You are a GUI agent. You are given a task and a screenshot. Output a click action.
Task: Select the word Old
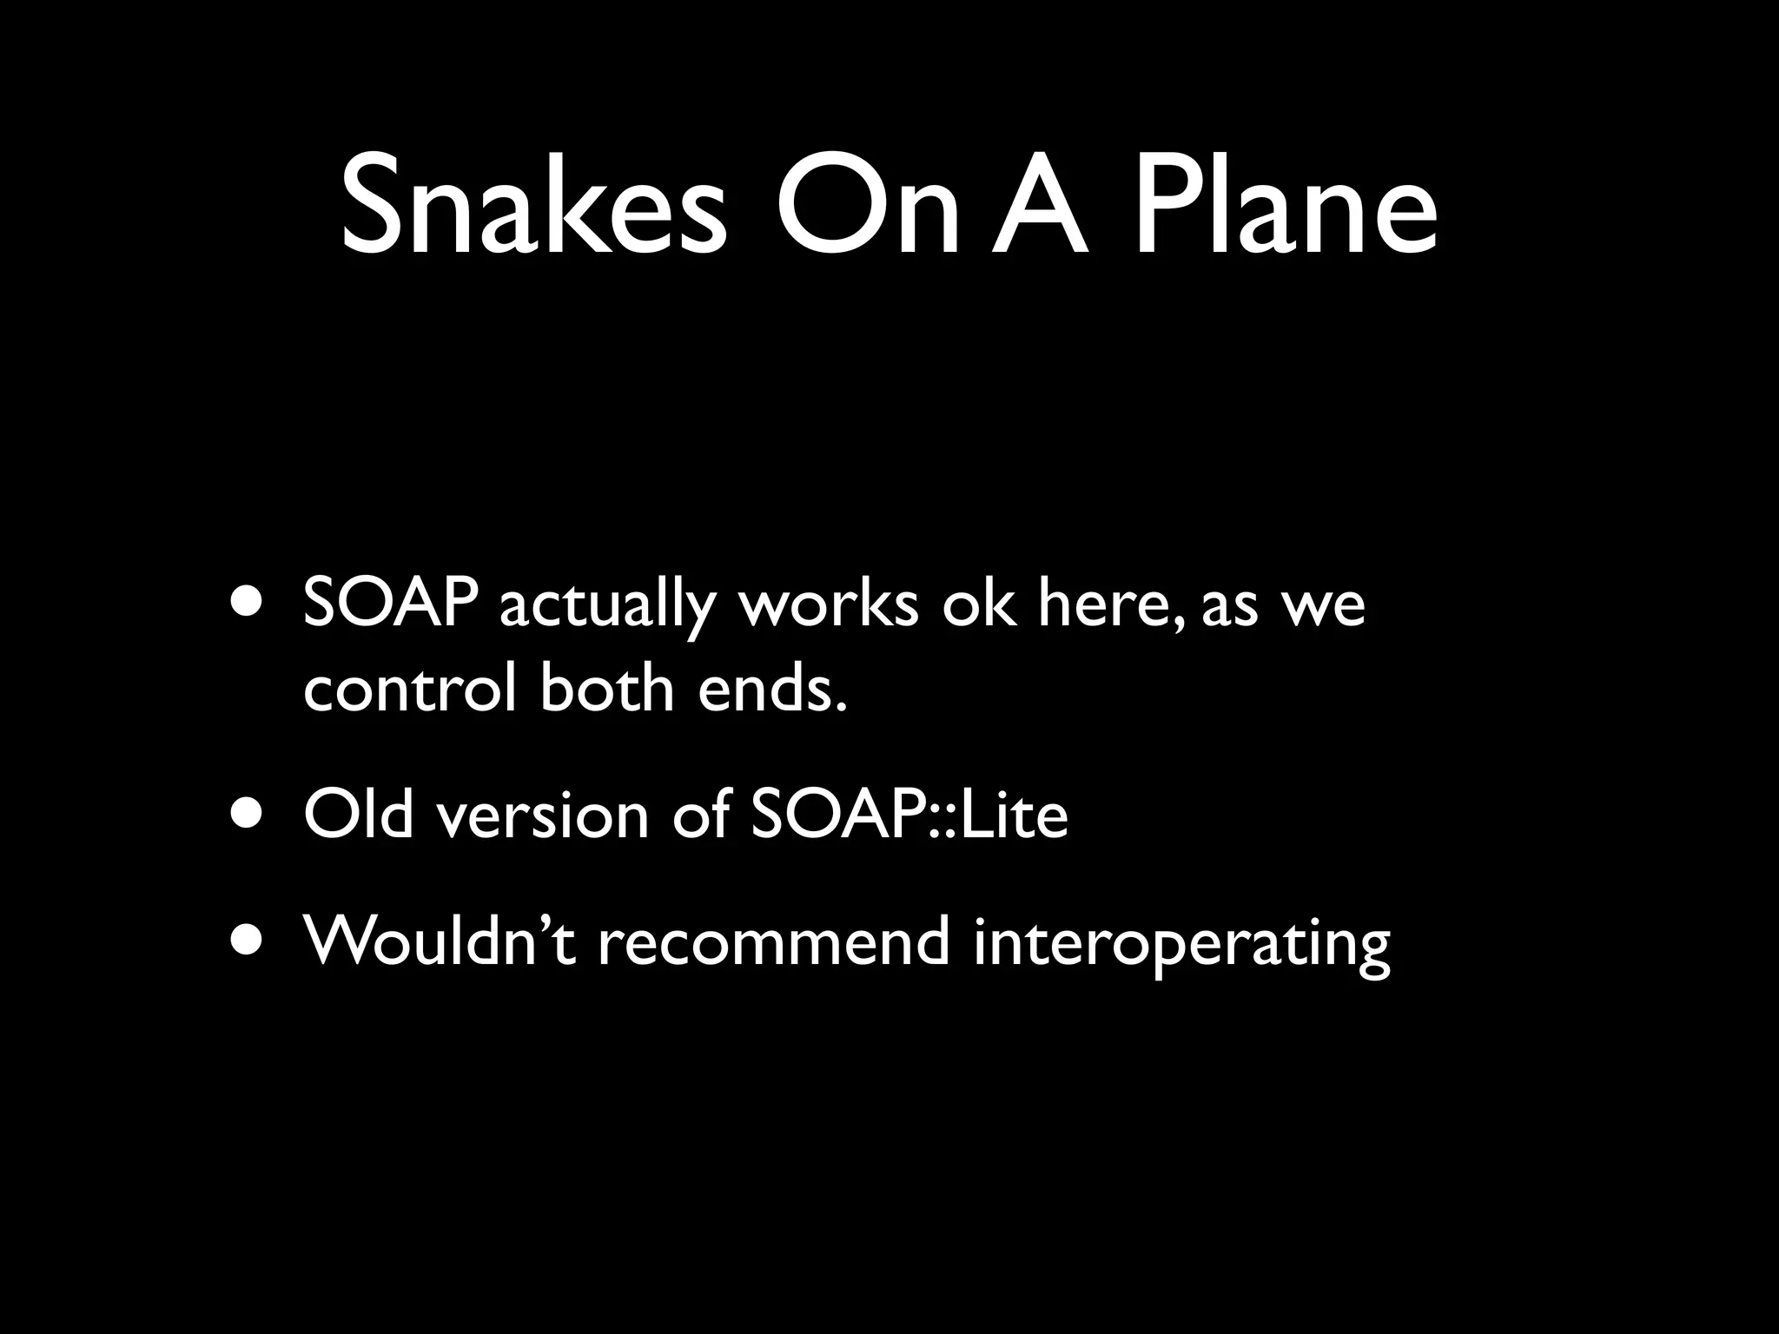coord(359,816)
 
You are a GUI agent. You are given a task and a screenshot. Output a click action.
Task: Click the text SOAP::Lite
coord(908,816)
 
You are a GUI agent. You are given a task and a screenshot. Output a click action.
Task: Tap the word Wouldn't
coord(439,942)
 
